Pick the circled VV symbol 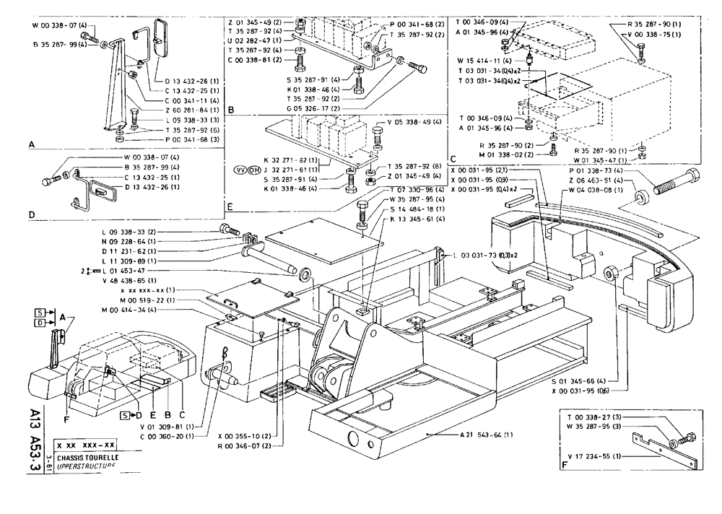click(240, 170)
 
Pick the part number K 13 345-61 click(417, 218)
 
